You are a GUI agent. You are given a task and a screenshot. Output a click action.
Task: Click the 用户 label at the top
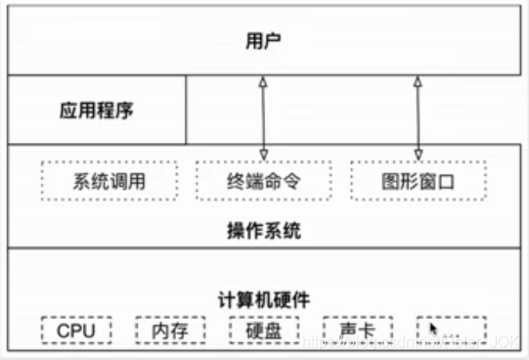[x=263, y=41]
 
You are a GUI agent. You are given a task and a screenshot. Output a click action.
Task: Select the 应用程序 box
[x=97, y=110]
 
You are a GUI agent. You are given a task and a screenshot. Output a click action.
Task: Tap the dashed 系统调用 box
[x=110, y=181]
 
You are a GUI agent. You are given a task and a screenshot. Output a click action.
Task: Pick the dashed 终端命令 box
[x=263, y=181]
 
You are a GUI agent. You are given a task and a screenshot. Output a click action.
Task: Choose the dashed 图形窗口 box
[x=418, y=181]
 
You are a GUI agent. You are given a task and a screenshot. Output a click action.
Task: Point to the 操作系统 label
[x=263, y=232]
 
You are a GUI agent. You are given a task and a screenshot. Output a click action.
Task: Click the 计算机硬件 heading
[x=263, y=299]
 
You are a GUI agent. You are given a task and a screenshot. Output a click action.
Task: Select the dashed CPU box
[x=75, y=331]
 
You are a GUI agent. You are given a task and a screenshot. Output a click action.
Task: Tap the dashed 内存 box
[x=169, y=331]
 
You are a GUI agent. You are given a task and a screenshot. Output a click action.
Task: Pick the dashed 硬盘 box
[x=264, y=331]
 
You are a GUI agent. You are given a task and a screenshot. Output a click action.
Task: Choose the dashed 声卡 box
[x=358, y=331]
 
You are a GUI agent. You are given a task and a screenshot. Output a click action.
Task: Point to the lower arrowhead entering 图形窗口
[x=418, y=153]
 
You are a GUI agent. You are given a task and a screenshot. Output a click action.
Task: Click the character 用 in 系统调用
[x=138, y=181]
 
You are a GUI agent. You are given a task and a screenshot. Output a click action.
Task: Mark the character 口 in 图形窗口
[x=447, y=181]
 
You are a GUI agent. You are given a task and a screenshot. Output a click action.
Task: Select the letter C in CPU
[x=63, y=331]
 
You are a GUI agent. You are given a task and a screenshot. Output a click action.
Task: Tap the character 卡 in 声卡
[x=368, y=331]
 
